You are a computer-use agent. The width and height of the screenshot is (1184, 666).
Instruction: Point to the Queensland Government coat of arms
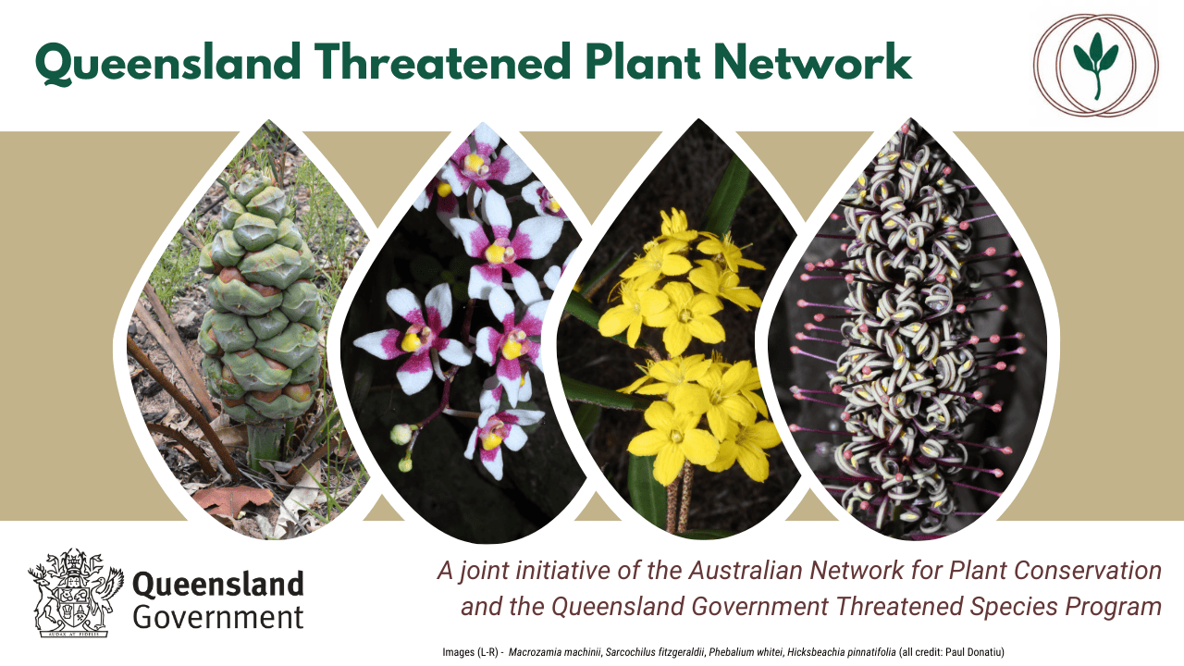76,593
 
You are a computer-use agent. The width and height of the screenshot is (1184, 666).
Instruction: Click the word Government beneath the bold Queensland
217,617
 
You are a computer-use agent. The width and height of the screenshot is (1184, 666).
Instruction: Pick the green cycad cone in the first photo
260,299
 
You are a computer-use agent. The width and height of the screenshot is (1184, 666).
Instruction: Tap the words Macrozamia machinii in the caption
555,652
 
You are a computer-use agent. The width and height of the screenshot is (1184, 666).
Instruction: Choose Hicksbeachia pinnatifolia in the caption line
841,652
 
